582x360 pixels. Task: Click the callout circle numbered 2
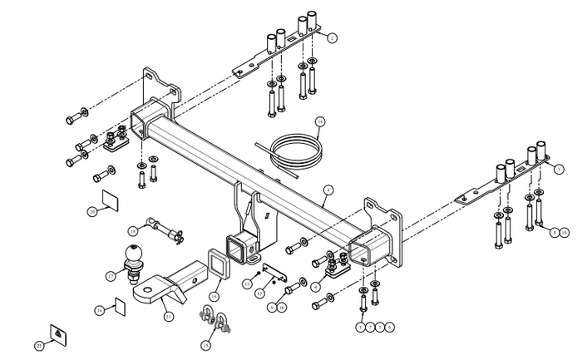[x=332, y=37]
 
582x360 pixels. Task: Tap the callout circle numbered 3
[x=546, y=168]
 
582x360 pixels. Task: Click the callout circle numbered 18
[x=132, y=230]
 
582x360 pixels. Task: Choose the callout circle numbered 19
[x=214, y=295]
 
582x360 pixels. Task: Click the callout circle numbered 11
[x=168, y=316]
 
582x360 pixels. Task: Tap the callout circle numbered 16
[x=98, y=310]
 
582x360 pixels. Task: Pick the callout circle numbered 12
[x=259, y=293]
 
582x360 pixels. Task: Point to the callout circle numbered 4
[x=317, y=287]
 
